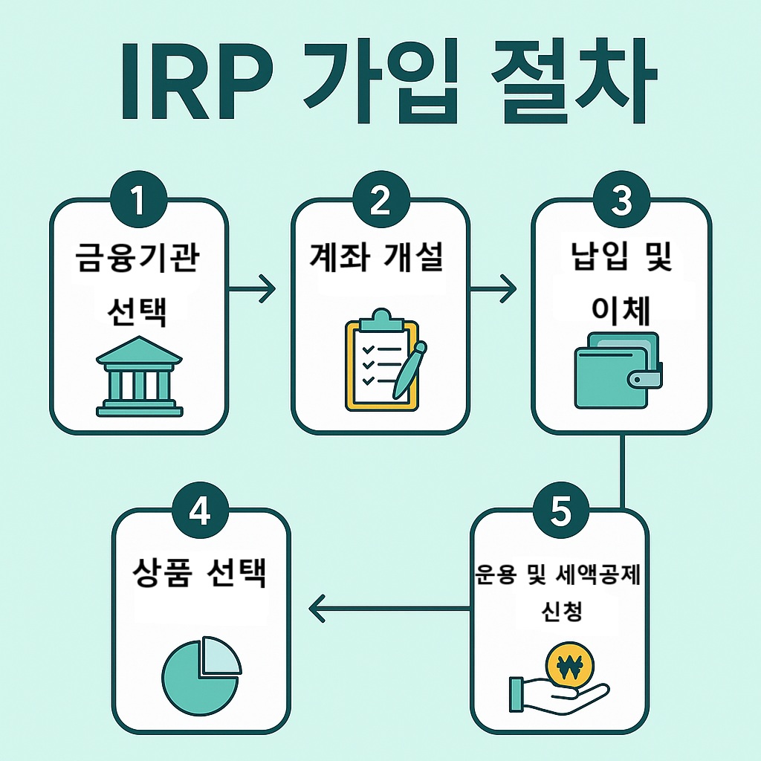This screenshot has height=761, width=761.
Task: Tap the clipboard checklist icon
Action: (379, 360)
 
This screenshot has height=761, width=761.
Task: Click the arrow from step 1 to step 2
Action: (253, 288)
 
